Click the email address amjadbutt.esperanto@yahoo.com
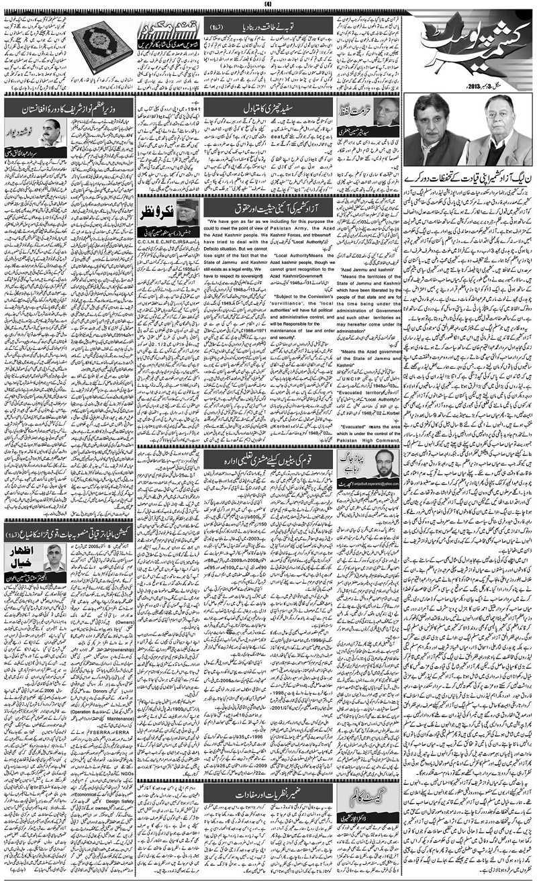pyautogui.click(x=369, y=482)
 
